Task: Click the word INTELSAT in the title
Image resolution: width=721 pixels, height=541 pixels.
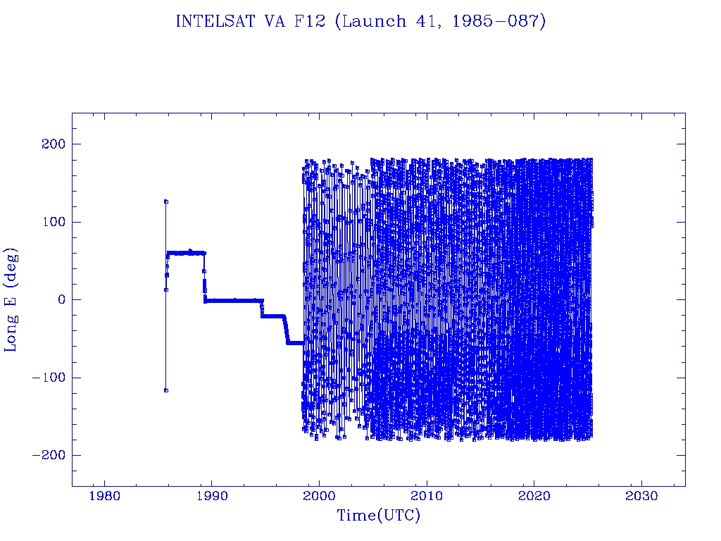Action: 215,21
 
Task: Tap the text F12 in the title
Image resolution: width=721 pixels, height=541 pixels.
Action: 310,21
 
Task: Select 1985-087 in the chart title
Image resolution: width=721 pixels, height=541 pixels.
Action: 496,21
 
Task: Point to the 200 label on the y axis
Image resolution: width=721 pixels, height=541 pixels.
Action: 54,144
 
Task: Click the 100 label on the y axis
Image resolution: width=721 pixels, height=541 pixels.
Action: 54,222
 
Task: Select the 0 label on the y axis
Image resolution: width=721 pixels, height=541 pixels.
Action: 62,299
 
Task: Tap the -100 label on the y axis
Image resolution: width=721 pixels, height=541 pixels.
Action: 49,378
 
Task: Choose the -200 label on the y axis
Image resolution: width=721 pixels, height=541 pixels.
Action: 49,455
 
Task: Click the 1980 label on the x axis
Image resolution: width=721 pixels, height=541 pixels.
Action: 104,496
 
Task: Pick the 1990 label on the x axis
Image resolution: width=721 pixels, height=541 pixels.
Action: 211,496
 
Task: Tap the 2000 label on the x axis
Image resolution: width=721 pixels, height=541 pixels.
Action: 319,496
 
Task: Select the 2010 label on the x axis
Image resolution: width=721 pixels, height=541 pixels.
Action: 427,496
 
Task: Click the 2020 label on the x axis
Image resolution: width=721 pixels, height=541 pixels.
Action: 534,496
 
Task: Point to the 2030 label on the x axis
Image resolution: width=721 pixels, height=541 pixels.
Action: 641,496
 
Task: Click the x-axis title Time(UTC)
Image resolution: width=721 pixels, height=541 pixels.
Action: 379,516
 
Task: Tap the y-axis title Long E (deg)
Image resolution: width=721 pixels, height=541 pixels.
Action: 11,300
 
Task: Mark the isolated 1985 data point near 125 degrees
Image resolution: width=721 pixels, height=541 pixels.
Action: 166,201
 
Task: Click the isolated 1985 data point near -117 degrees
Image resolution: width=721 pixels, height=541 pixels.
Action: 166,390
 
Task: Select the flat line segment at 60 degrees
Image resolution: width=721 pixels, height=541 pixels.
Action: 186,253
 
